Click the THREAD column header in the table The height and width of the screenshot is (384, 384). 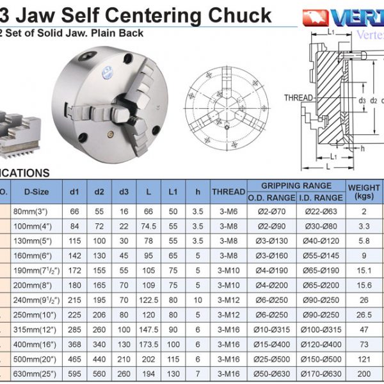228,191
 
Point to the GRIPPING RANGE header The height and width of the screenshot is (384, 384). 296,185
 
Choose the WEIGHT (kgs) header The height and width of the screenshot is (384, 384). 364,191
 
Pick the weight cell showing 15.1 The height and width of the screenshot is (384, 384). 364,271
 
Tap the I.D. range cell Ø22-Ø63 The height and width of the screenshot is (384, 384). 319,211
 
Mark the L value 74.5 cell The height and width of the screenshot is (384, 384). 149,226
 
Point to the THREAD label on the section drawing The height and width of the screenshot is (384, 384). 298,98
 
